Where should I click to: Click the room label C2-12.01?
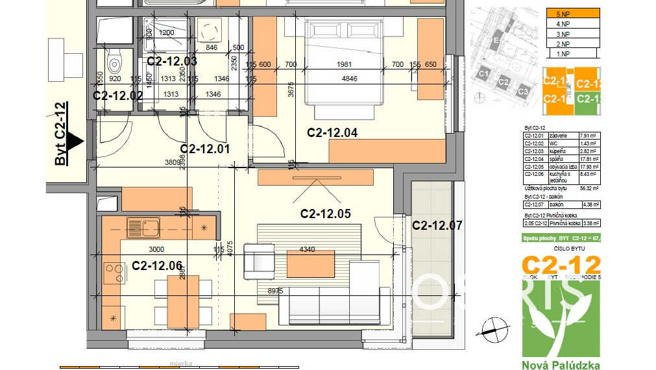[205, 149]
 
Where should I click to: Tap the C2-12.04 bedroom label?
[332, 132]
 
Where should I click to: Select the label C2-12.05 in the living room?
[325, 213]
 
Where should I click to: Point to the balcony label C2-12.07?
[437, 225]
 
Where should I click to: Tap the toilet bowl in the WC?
[114, 62]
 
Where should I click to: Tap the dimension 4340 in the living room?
[307, 249]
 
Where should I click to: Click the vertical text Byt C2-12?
[60, 134]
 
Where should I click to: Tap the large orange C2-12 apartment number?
[561, 265]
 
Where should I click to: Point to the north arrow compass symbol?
[494, 328]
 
